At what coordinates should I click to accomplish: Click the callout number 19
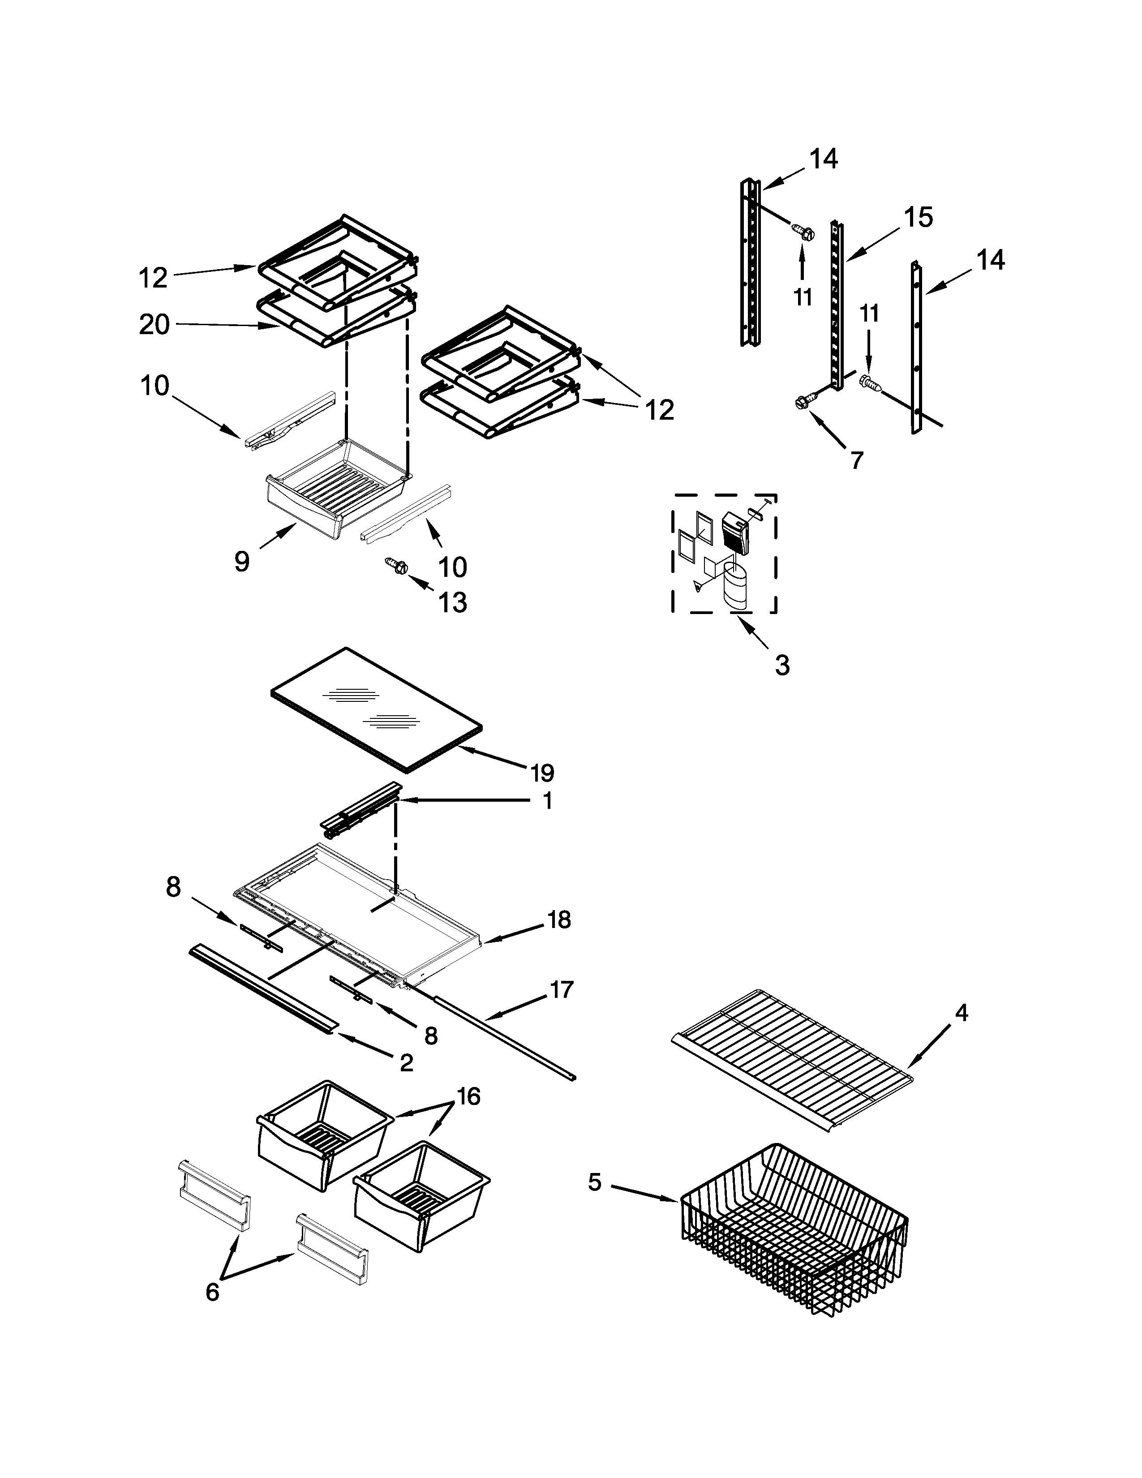[x=542, y=772]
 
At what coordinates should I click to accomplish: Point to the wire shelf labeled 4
[x=791, y=1059]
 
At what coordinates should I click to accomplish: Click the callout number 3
[x=782, y=665]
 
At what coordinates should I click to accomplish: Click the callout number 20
[x=154, y=324]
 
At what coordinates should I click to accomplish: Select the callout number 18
[x=559, y=919]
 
